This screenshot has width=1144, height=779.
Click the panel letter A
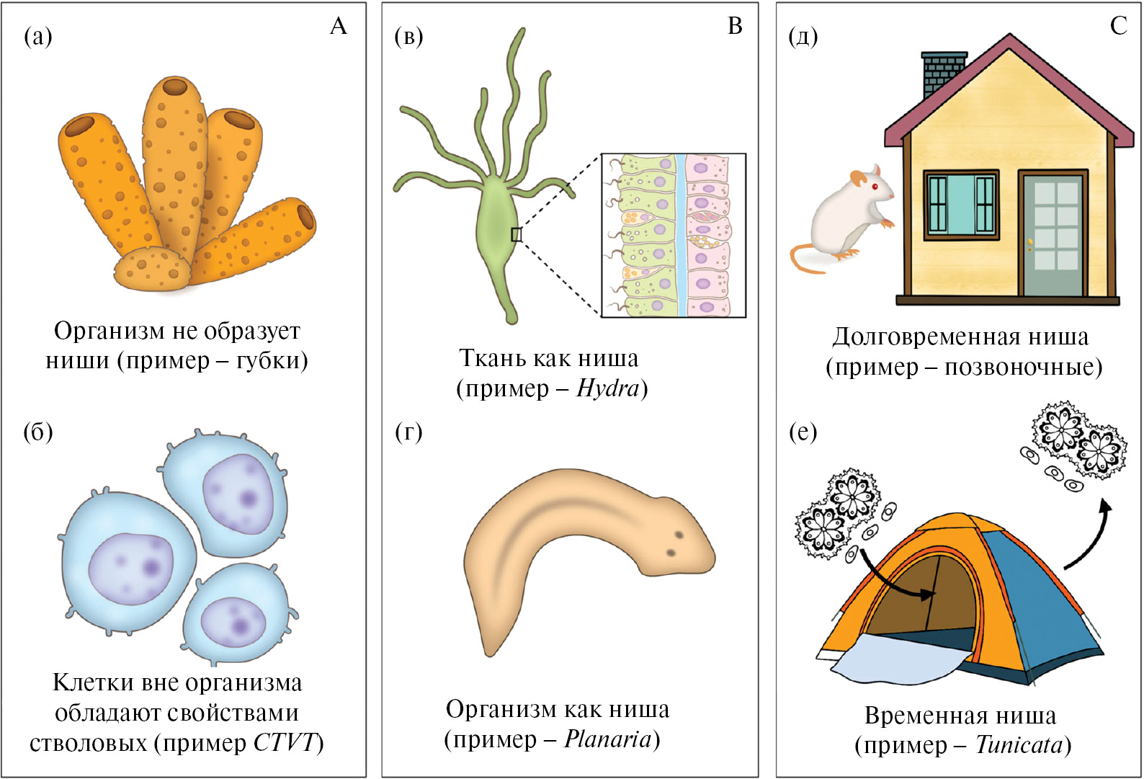tap(338, 27)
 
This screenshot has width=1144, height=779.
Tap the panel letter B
tap(735, 27)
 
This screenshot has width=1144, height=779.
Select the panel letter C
tap(1118, 27)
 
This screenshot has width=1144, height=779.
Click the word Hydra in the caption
tap(607, 388)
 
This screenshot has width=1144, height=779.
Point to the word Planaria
tap(607, 739)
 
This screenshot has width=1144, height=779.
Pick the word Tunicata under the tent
tap(1019, 744)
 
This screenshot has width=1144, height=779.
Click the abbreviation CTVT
tap(285, 742)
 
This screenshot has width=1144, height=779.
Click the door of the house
tap(1052, 234)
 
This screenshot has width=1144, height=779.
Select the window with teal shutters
tap(961, 205)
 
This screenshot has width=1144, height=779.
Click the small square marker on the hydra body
tap(516, 234)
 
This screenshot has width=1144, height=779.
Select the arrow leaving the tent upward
tap(1091, 533)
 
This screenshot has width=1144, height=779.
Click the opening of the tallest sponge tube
tap(175, 88)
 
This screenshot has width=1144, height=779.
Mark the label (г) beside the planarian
tap(408, 432)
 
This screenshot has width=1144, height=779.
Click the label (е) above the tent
tap(803, 432)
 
